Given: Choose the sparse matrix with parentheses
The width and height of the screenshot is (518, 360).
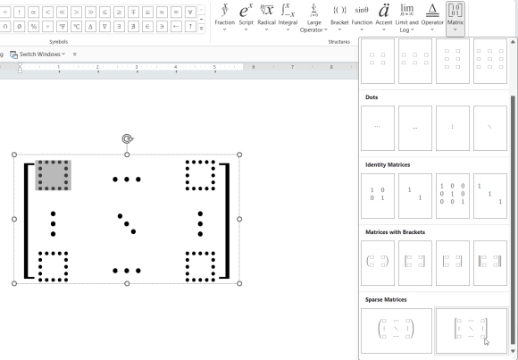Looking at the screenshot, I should [396, 331].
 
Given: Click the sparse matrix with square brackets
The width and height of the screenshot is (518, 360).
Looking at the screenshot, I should [471, 331].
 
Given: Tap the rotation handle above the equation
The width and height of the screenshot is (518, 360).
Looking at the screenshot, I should [127, 139].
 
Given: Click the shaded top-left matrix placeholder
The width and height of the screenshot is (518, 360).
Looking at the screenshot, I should [53, 175].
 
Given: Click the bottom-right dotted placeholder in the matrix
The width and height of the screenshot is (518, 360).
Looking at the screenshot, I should [200, 265].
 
